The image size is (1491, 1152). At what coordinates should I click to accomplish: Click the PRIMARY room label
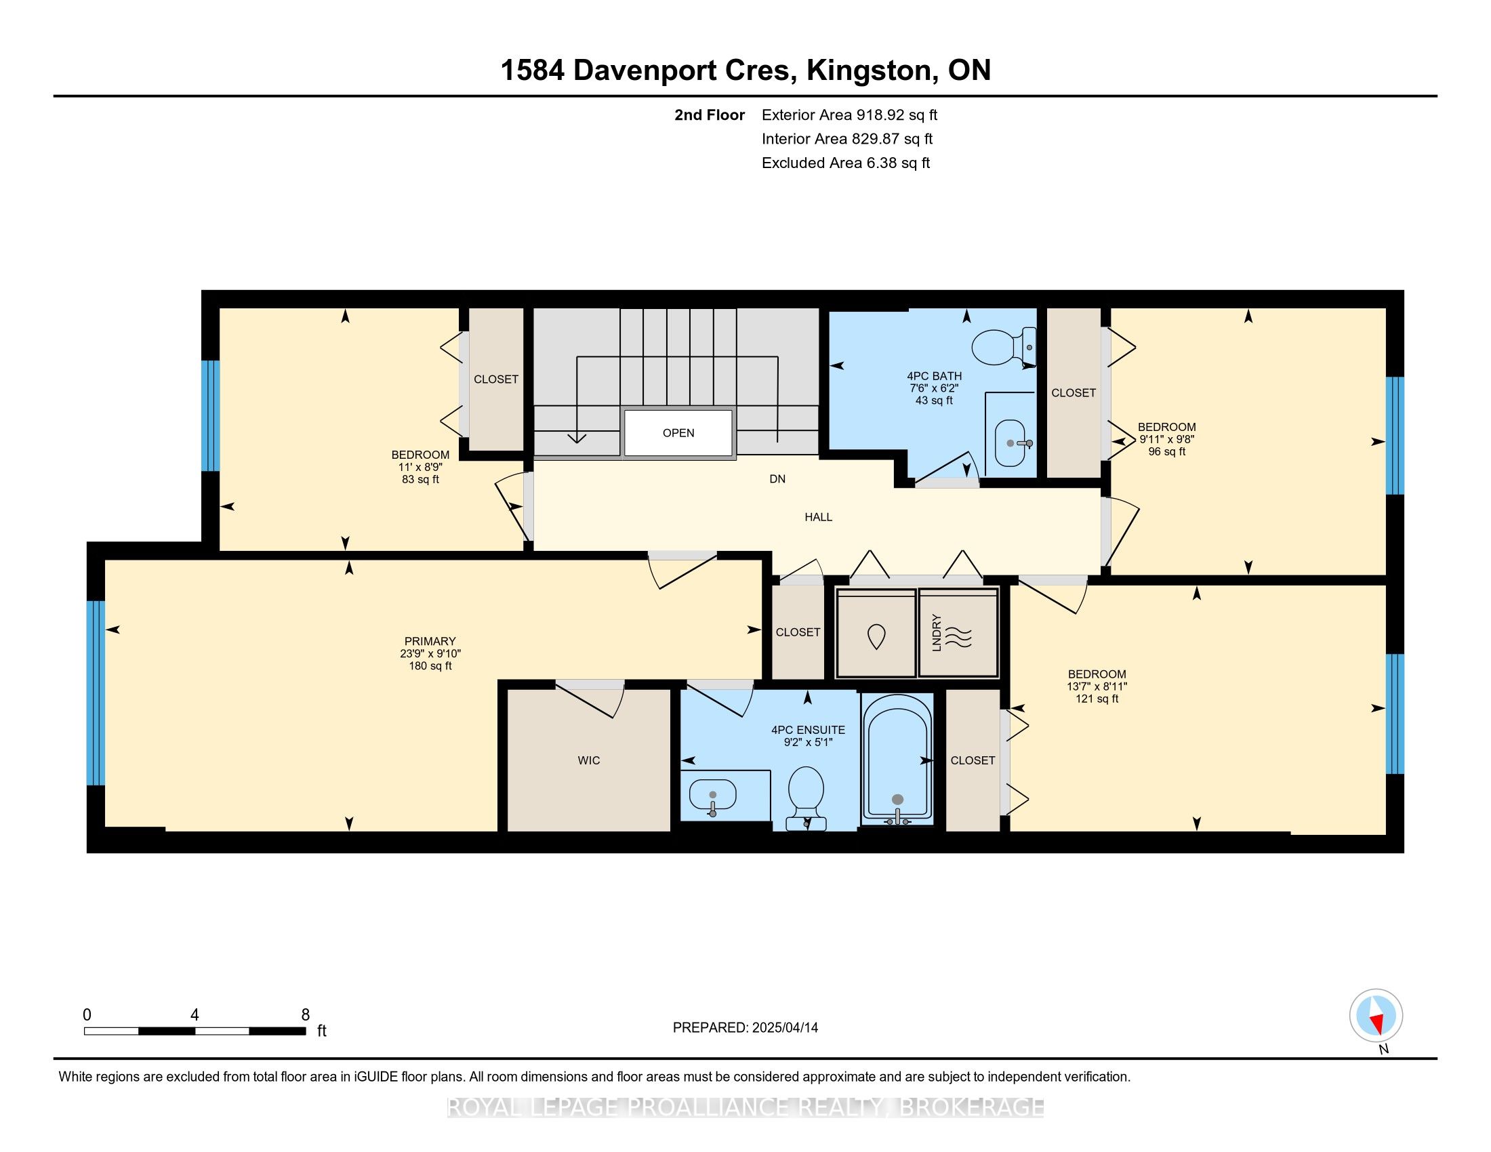(x=430, y=641)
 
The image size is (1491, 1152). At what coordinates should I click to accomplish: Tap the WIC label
(x=588, y=760)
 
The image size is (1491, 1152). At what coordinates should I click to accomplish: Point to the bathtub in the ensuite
(x=897, y=758)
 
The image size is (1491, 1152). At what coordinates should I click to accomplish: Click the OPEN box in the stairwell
(x=678, y=433)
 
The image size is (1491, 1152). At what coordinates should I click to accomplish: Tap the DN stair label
(x=777, y=479)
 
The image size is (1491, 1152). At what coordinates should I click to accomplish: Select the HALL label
(x=818, y=517)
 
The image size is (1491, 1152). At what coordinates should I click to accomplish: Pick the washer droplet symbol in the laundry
(x=876, y=637)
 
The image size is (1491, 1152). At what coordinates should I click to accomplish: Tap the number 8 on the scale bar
(x=305, y=1015)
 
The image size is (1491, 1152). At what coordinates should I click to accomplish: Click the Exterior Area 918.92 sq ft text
(x=849, y=115)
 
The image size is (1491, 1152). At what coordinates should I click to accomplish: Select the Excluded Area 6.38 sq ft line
(x=845, y=163)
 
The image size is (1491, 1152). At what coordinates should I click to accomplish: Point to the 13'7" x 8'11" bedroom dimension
(x=1097, y=686)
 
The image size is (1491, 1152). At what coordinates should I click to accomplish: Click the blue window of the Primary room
(x=96, y=693)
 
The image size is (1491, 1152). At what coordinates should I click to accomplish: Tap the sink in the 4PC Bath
(x=1010, y=443)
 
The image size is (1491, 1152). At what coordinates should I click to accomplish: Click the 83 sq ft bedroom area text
(x=420, y=480)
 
